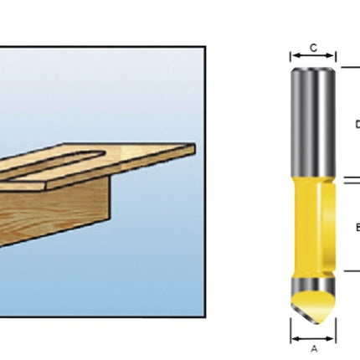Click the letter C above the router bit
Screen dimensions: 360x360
coord(313,48)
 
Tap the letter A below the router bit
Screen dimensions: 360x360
coord(314,349)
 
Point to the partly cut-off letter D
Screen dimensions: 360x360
coord(357,125)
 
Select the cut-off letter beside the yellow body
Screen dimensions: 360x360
coord(357,225)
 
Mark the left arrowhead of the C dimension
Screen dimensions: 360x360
coord(293,58)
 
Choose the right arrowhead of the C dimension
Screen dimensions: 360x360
coord(334,58)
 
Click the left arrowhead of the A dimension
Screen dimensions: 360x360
coord(294,339)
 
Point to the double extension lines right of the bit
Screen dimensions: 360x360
coord(352,179)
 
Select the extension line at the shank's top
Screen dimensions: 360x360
coord(347,67)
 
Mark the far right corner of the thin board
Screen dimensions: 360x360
coord(194,148)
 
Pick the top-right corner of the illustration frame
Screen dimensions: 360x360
coord(205,47)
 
